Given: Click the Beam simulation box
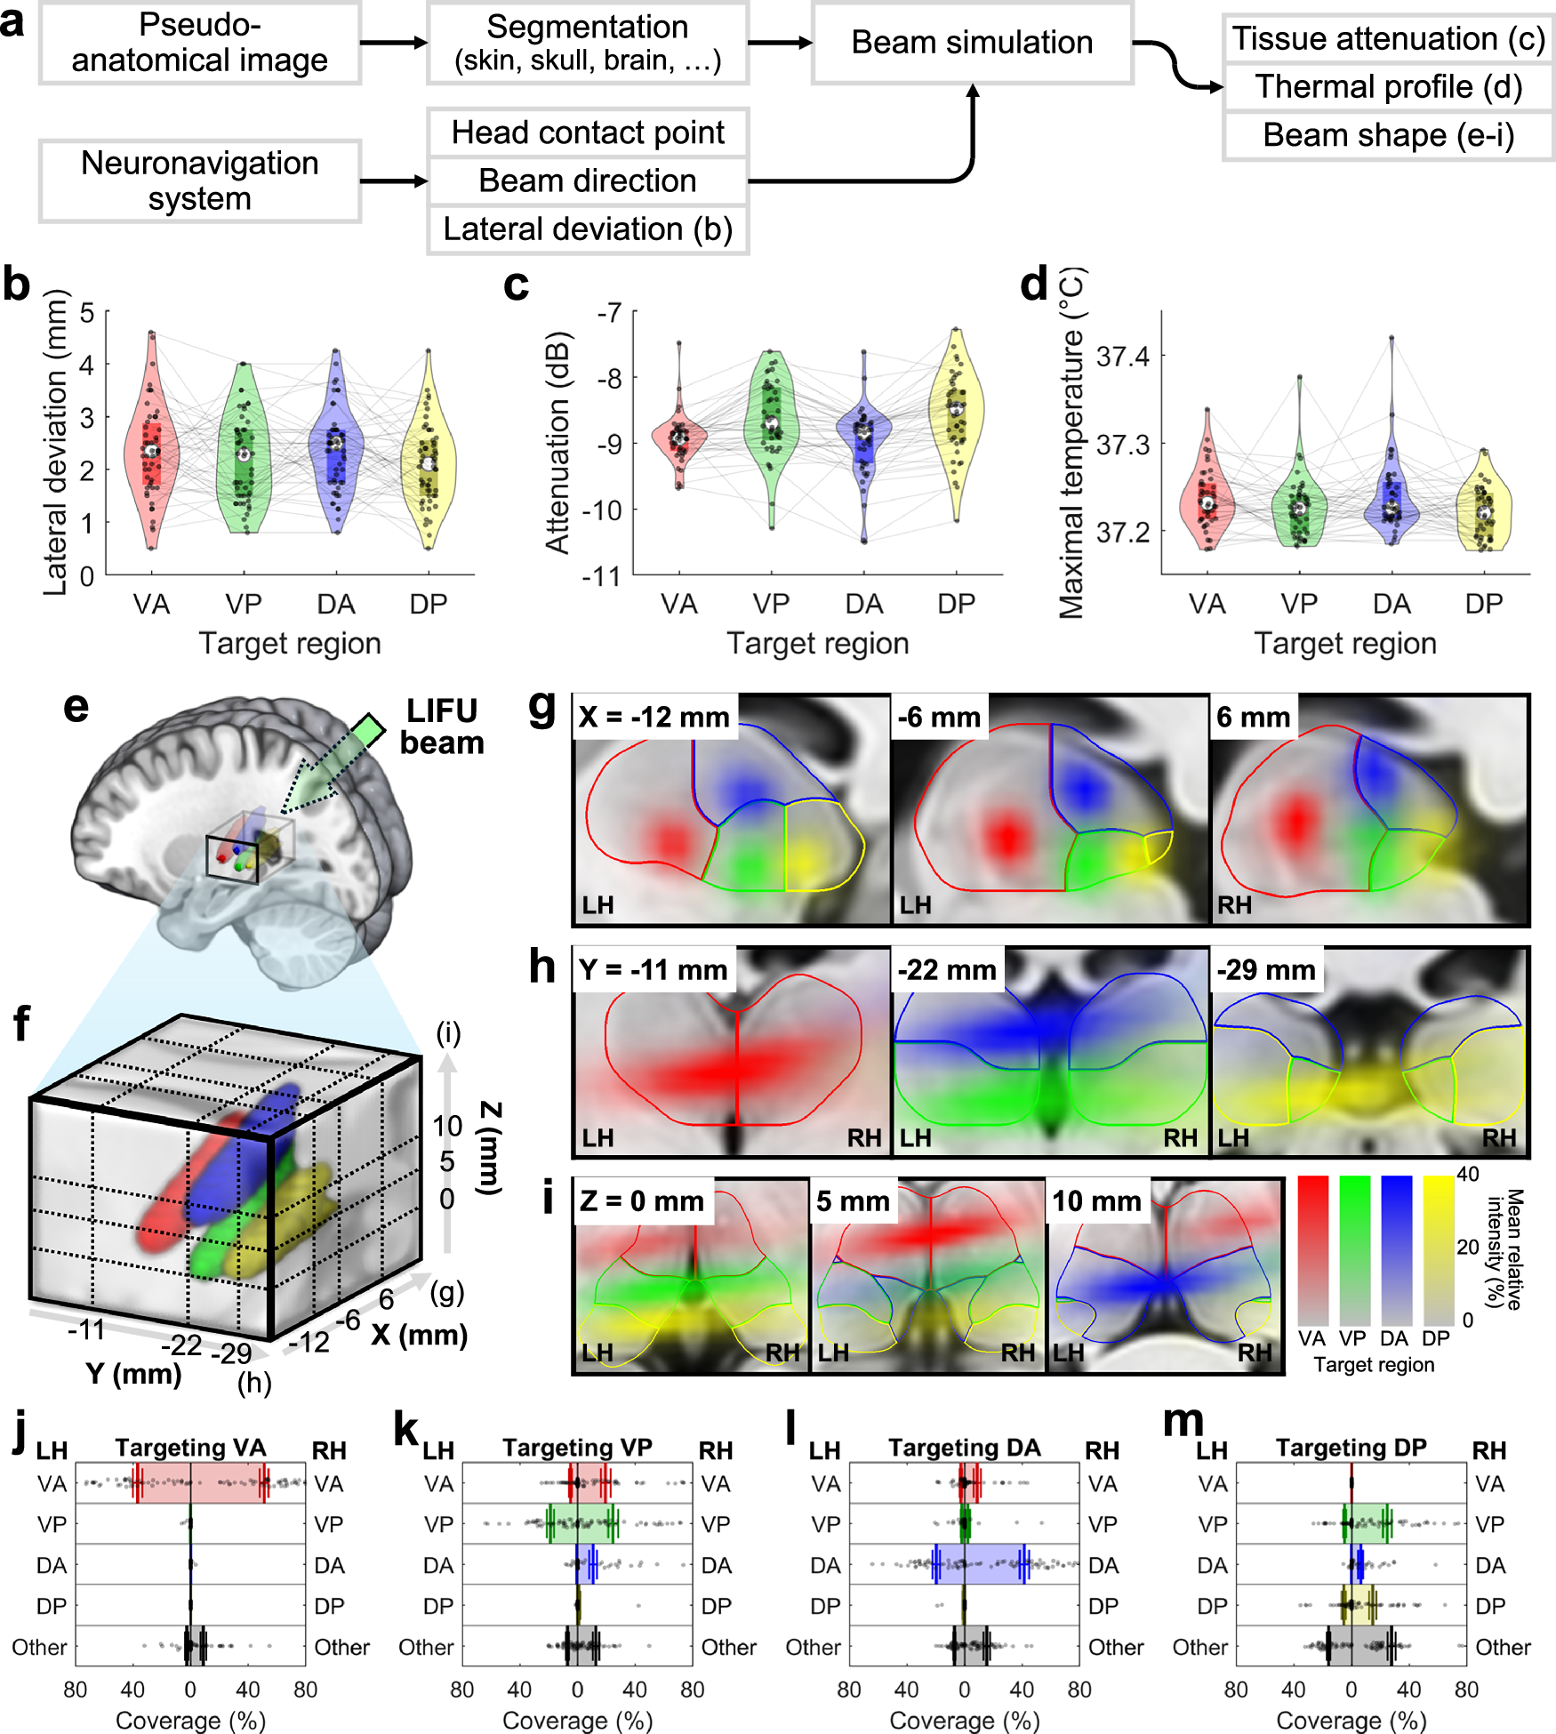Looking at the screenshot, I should coord(972,43).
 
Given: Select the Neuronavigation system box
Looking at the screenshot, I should coord(199,181).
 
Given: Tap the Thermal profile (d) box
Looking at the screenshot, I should coord(1388,87).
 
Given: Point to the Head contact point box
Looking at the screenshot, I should coord(588,132).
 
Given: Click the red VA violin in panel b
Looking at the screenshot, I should coord(151,445).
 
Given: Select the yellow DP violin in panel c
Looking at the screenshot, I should coord(956,418).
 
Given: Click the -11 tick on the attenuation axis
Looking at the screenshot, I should coord(601,576).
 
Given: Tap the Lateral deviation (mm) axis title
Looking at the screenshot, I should coord(55,442).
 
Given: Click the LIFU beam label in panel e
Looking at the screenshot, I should coord(442,727).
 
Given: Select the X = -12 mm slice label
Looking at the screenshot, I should coord(654,717).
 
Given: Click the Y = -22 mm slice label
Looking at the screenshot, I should coord(947,969).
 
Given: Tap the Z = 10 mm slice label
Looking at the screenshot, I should coord(1096,1200).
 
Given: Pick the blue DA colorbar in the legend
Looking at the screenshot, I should coord(1396,1249).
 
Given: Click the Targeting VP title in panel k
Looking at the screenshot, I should coord(577,1448).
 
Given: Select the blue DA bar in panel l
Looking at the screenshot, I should coord(981,1564).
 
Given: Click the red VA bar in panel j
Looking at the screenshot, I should coord(201,1483).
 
